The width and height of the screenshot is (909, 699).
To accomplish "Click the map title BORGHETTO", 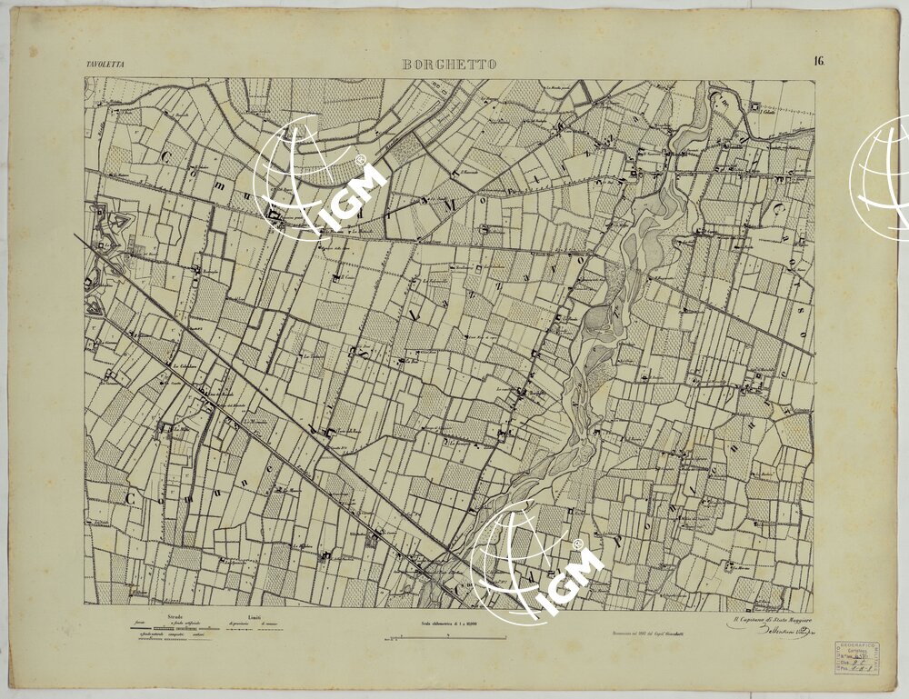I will [x=449, y=65].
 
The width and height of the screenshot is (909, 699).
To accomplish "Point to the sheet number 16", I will [x=819, y=62].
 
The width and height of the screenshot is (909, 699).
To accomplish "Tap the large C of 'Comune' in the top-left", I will [x=166, y=156].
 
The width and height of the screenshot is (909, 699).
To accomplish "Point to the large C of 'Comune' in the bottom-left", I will [x=133, y=499].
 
